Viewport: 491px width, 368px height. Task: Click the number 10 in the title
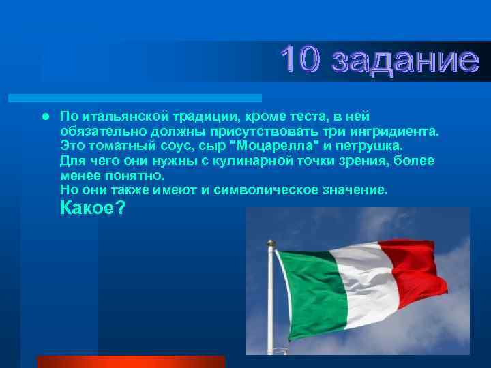303,61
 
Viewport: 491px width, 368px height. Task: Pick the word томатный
121,146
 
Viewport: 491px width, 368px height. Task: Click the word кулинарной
250,161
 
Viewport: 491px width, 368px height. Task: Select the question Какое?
93,209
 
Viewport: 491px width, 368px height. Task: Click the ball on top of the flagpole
271,243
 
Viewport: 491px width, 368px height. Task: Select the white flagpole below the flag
273,327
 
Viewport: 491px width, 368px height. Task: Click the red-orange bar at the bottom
130,361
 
